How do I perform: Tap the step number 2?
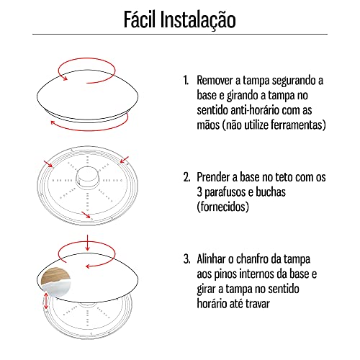[186, 176]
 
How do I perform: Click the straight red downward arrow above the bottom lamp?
[87, 240]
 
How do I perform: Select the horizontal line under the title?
[180, 35]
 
